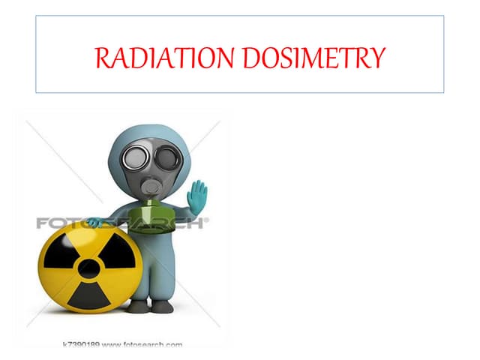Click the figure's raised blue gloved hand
(x=197, y=197)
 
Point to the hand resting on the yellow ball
(x=94, y=222)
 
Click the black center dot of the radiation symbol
(x=88, y=268)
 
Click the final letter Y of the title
(x=380, y=56)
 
